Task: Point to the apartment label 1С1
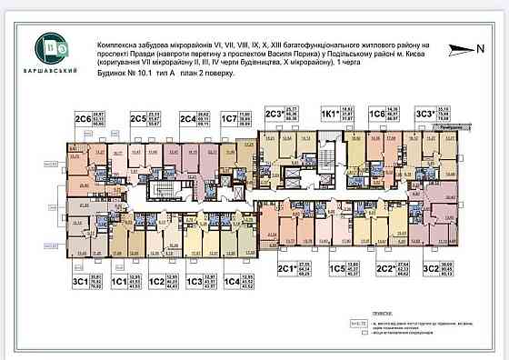pos(118,282)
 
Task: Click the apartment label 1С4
pos(232,282)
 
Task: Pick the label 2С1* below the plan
pos(287,269)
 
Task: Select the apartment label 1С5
pos(337,269)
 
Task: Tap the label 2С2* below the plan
pos(385,269)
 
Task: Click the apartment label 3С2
pos(431,269)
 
